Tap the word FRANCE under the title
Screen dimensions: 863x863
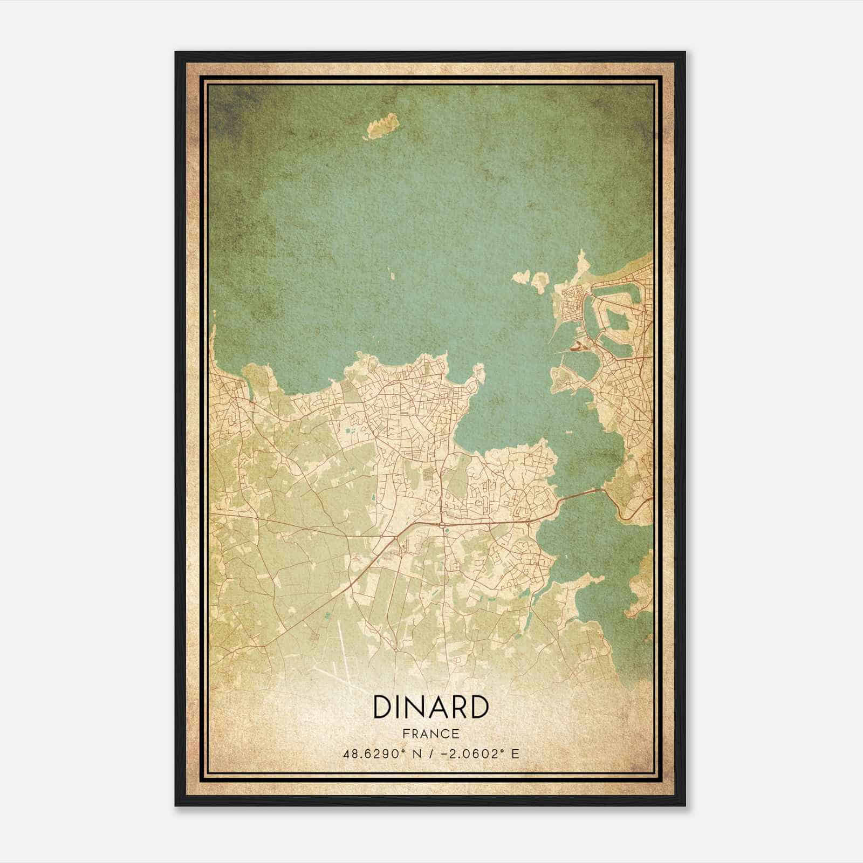(x=430, y=734)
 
